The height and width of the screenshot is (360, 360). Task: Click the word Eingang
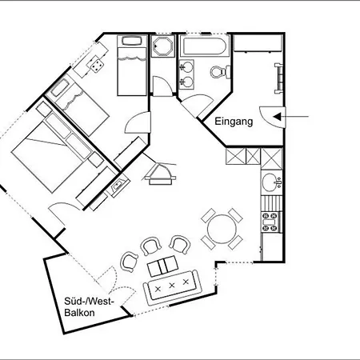point(234,122)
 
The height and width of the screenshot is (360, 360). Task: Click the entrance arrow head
point(277,117)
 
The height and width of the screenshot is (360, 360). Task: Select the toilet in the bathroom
point(220,71)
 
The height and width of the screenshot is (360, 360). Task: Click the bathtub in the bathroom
point(205,46)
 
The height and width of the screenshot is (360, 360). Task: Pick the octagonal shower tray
point(163,46)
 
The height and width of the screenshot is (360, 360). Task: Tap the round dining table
point(222,229)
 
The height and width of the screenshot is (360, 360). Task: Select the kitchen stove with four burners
point(270,222)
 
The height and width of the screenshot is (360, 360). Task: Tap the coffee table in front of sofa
point(163,266)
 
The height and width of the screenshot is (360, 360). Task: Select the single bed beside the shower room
point(132,66)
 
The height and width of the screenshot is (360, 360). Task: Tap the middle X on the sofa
point(172,286)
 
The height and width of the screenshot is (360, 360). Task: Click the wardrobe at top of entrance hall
point(258,43)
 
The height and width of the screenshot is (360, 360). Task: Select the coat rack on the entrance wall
point(278,78)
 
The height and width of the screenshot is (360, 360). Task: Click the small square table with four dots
point(97,65)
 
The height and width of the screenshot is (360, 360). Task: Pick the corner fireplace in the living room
point(160,174)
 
